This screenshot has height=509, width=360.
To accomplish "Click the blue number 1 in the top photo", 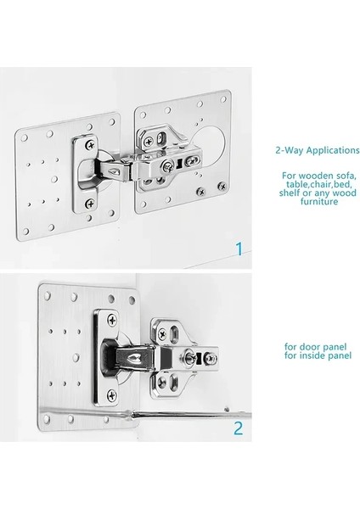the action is pos(239,249).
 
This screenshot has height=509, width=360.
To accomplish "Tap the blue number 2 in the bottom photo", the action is pos(238,428).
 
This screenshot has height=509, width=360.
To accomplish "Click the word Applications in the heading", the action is pos(333,150).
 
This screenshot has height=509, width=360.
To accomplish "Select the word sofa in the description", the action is pos(346,176).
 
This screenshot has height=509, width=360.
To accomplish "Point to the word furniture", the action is pos(319,202).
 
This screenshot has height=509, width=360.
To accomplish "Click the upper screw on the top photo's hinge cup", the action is pos(91,145).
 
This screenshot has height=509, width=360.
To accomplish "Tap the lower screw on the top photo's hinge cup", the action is pos(90,204).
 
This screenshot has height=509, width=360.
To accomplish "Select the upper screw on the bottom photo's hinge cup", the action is pos(112,321).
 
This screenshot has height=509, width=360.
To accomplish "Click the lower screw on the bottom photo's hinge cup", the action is pos(112,395).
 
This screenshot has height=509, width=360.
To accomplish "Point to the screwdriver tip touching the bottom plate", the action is pos(132,414).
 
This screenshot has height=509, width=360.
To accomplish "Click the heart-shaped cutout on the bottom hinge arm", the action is pos(134,358).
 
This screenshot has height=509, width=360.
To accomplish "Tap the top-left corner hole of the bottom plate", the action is pos(48,295).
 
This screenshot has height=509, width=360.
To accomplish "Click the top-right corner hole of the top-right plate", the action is pos(223,99).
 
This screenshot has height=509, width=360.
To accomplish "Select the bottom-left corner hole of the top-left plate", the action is pos(25,232).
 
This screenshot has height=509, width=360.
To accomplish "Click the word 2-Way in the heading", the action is pos(290,150).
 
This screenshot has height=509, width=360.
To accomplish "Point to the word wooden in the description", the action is pos(316,176).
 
